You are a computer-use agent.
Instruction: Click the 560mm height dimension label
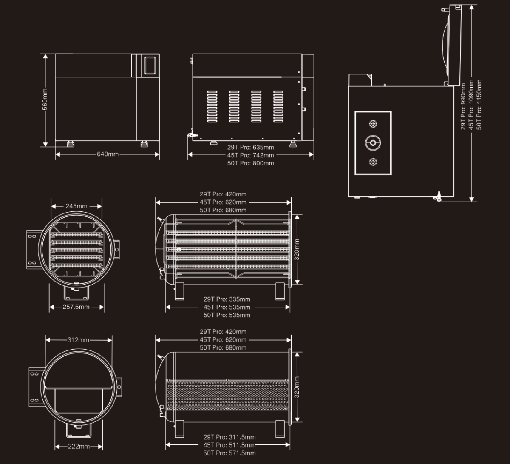click(45, 99)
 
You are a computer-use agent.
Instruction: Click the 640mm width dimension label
click(108, 154)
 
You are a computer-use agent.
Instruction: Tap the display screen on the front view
click(150, 65)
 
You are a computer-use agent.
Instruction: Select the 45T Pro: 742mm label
click(251, 155)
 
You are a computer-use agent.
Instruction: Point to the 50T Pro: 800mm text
click(251, 163)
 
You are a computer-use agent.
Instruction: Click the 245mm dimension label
click(76, 206)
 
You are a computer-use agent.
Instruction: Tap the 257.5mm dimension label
click(76, 307)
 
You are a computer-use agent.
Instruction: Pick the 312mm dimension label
click(78, 340)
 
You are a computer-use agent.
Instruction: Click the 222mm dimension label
click(79, 446)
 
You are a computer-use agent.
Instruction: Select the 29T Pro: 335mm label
click(227, 299)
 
